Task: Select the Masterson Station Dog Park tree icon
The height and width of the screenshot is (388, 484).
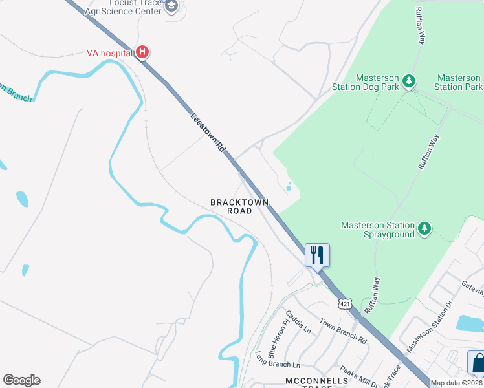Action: tap(408, 81)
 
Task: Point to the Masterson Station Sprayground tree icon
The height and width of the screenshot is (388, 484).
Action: tap(424, 228)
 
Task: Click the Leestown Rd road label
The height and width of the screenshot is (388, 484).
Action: tap(208, 133)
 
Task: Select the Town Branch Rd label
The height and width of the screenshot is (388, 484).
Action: tap(342, 331)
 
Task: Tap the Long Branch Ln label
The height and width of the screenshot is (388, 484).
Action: tap(278, 361)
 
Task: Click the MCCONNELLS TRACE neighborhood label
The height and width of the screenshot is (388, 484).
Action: tap(317, 382)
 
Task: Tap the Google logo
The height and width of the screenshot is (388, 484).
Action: tap(21, 380)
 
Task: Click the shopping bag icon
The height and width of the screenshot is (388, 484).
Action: tap(477, 363)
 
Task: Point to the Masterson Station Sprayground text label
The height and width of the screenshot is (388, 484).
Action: tap(378, 230)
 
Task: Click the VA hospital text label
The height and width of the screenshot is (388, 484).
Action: tap(109, 52)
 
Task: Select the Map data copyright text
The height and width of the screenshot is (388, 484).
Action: tap(456, 383)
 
